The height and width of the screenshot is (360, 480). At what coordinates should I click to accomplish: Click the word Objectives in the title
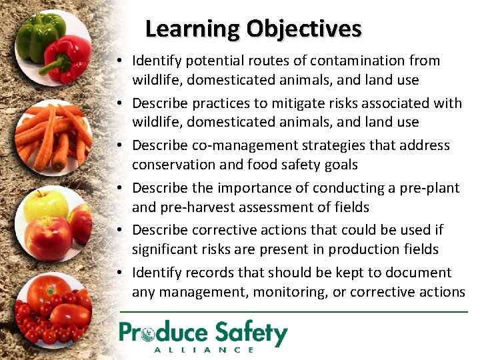(x=303, y=29)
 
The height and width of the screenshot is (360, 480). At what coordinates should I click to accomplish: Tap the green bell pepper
(x=38, y=37)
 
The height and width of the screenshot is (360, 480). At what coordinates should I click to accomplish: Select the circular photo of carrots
(x=52, y=137)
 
